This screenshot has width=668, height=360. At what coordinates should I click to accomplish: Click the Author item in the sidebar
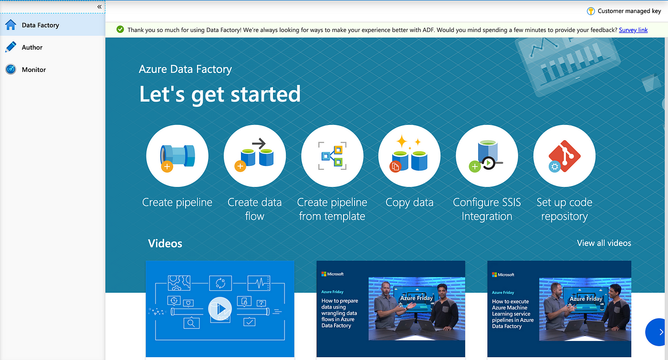[x=32, y=47]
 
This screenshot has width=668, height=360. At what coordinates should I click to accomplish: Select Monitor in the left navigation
[x=34, y=70]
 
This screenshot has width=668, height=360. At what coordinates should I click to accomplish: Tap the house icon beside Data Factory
[x=10, y=25]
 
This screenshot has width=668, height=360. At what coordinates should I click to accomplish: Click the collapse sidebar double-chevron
[x=99, y=7]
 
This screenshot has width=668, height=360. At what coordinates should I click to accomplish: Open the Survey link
[x=633, y=30]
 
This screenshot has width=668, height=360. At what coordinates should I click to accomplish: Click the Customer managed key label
[x=629, y=11]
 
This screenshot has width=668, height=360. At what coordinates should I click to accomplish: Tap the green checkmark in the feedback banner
[x=120, y=30]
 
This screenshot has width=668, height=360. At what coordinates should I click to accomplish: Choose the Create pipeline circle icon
[x=177, y=156]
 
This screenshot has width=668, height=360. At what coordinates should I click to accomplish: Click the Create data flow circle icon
[x=255, y=156]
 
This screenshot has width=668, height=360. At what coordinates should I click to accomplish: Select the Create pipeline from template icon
[x=332, y=156]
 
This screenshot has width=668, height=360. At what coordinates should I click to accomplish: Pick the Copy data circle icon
[x=409, y=156]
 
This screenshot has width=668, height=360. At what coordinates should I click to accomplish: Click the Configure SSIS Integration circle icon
[x=487, y=156]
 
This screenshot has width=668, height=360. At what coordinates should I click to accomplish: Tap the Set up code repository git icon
[x=564, y=156]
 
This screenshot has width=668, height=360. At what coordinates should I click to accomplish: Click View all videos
[x=604, y=243]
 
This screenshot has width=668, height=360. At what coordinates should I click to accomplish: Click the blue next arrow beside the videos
[x=658, y=332]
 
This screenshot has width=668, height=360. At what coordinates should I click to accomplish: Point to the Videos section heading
[x=165, y=244]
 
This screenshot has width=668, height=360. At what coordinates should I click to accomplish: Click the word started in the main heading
[x=266, y=94]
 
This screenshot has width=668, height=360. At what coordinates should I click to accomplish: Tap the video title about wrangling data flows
[x=339, y=313]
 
